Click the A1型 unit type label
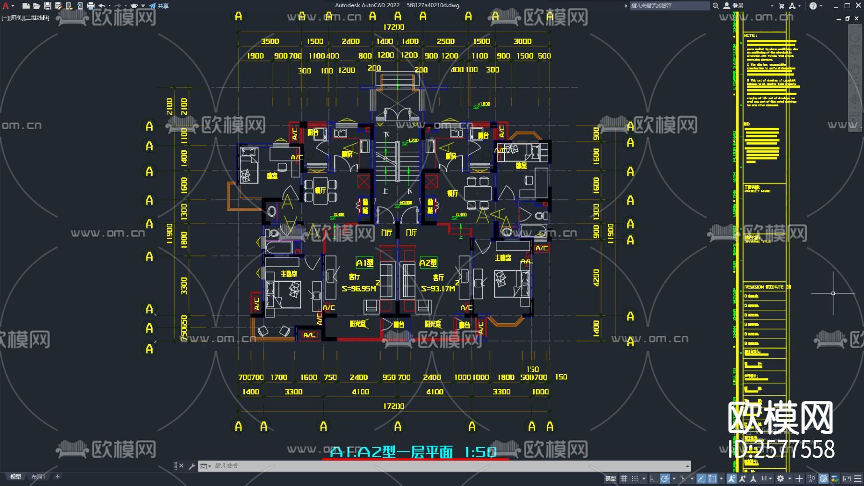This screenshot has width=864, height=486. point(364,263)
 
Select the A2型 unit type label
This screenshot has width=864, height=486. point(428,263)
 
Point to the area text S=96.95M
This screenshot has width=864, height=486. point(359,288)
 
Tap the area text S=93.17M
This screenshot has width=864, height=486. point(438,288)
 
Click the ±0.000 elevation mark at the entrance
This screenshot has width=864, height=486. point(406,203)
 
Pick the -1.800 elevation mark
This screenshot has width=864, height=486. point(483,104)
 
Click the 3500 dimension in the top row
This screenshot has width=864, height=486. point(270,41)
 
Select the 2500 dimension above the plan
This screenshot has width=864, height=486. point(445,41)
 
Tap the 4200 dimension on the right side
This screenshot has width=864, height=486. point(596,277)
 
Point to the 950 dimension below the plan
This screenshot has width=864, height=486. point(389,377)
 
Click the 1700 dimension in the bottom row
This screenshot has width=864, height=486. point(278,377)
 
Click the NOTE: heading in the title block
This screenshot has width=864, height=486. point(751,36)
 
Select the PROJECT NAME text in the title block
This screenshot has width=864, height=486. point(757,191)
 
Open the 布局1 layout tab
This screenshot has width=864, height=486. point(38,476)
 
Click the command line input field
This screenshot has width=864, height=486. point(432,466)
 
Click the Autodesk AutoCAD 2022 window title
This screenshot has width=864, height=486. point(367,5)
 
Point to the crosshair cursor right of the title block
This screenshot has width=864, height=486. point(833,293)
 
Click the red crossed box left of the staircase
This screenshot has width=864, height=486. point(363,181)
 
